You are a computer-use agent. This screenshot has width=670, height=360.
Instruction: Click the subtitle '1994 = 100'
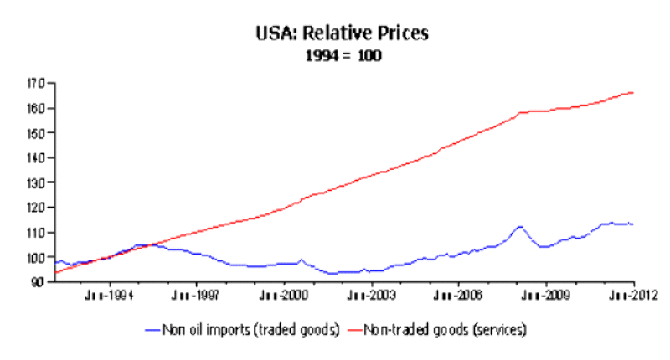point(343,55)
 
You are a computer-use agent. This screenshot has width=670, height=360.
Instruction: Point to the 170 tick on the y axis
point(36,84)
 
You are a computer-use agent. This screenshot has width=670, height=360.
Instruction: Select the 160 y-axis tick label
point(36,109)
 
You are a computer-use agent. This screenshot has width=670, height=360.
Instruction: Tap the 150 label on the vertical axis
point(36,133)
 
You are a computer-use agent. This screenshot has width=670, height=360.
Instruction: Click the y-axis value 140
point(36,158)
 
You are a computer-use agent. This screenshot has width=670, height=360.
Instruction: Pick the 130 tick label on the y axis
point(36,183)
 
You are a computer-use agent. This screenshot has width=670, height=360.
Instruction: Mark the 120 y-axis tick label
point(36,208)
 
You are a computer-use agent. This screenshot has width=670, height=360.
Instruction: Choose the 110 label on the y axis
point(36,233)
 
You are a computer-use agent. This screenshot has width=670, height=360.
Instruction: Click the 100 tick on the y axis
point(36,257)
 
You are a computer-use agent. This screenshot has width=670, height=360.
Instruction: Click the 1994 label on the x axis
point(108,295)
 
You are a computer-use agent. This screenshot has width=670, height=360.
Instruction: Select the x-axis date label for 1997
point(196,295)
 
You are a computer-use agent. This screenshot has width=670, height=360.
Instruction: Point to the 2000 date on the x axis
point(283,295)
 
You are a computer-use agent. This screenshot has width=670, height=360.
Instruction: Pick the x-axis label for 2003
point(371,295)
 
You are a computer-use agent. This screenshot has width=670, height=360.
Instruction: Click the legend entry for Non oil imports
point(242,330)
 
